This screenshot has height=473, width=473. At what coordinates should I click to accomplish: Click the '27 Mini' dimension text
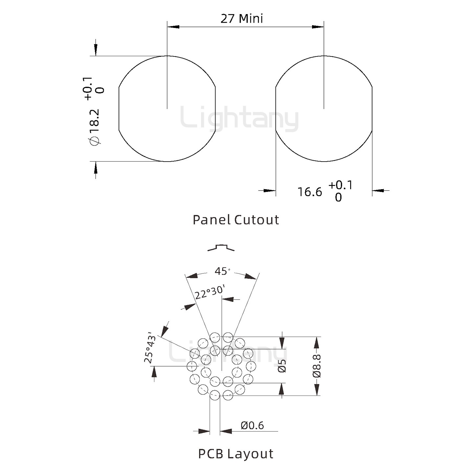pos(241,19)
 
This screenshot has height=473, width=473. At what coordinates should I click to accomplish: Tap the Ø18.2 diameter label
pos(95,127)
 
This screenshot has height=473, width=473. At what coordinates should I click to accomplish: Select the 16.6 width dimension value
pos(309,192)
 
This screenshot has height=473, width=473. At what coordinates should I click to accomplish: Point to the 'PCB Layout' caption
pos(236,454)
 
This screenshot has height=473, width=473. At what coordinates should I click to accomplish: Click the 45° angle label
pos(223,271)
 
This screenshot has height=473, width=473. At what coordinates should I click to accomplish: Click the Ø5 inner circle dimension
pos(282,366)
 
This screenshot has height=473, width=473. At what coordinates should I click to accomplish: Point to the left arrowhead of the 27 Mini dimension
pos(173,27)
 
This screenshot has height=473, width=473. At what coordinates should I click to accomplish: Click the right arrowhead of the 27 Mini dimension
pos(318,27)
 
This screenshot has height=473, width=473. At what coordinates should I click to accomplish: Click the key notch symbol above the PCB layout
pos(221,248)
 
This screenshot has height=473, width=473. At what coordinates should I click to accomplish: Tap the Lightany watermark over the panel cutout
pos(239,118)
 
